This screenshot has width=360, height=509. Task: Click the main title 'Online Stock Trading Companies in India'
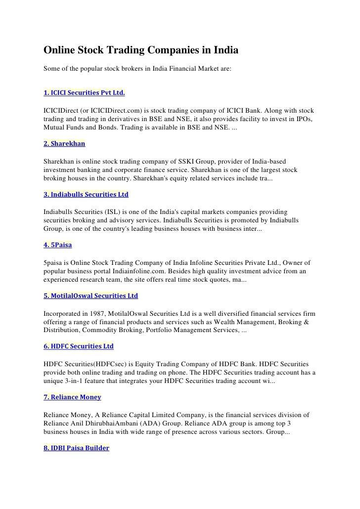pos(141,51)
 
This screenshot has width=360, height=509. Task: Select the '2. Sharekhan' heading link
pos(64,143)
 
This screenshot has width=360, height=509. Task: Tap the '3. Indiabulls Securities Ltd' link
pos(86,195)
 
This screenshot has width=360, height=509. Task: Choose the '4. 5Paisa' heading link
pos(58,245)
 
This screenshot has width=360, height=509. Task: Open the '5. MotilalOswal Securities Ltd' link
pos(90,296)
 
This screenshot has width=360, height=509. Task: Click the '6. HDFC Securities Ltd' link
pos(79,347)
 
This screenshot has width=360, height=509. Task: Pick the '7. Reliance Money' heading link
pos(72,397)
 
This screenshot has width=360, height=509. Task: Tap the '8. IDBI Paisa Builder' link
pos(76,448)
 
